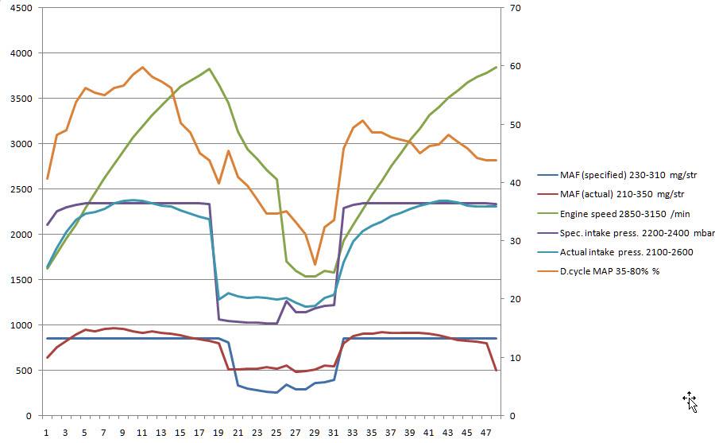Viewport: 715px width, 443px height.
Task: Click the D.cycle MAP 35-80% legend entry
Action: [610, 271]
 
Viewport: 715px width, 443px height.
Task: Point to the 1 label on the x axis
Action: [47, 433]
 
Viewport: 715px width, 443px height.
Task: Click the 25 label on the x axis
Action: [276, 433]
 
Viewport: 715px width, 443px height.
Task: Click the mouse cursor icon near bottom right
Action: [690, 402]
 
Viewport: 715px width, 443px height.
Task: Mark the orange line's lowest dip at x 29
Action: [315, 265]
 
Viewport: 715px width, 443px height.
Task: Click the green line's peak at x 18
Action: [209, 68]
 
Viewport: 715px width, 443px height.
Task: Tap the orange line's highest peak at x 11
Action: [142, 68]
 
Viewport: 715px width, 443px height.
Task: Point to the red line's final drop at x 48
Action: [496, 370]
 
